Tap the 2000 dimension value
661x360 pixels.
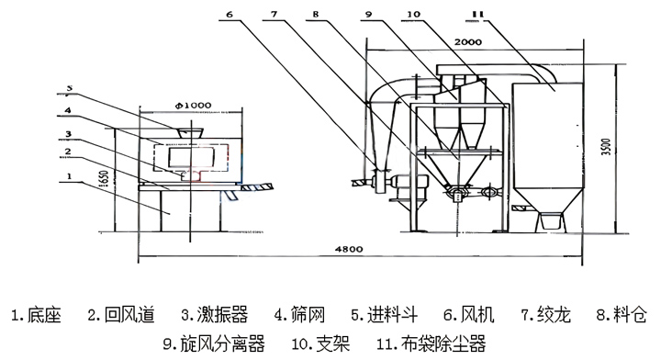click(470, 43)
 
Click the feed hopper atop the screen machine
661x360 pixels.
click(190, 132)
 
